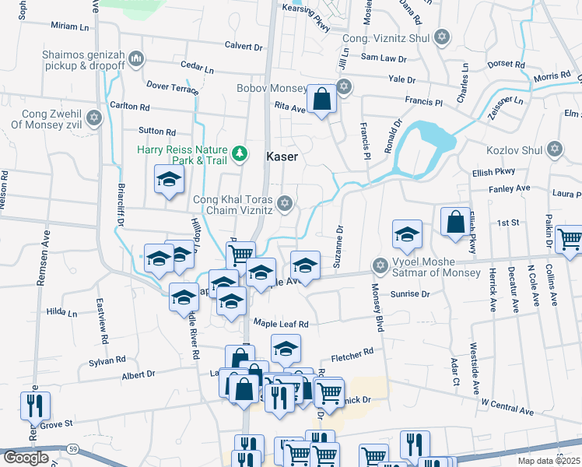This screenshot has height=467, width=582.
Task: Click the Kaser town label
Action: point(282,156)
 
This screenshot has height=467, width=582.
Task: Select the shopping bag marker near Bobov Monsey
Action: point(321,100)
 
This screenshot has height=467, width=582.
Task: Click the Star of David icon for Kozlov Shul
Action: point(554,148)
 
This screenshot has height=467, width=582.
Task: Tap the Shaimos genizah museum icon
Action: point(137,58)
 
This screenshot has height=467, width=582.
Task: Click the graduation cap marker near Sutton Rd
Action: point(168,181)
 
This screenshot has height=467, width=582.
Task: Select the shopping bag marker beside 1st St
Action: point(454,222)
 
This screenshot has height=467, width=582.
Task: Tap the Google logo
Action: point(26,458)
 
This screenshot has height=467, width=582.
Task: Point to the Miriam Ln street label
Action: point(70,26)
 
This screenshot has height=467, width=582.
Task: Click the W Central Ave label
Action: point(507,406)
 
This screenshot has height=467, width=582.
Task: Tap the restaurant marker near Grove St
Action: point(35,406)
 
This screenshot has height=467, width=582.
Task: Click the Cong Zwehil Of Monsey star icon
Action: point(94,118)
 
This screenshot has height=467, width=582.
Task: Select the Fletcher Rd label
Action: point(352,356)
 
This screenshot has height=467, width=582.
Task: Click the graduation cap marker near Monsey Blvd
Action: point(407,234)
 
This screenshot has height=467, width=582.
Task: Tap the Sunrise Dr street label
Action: point(408,295)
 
